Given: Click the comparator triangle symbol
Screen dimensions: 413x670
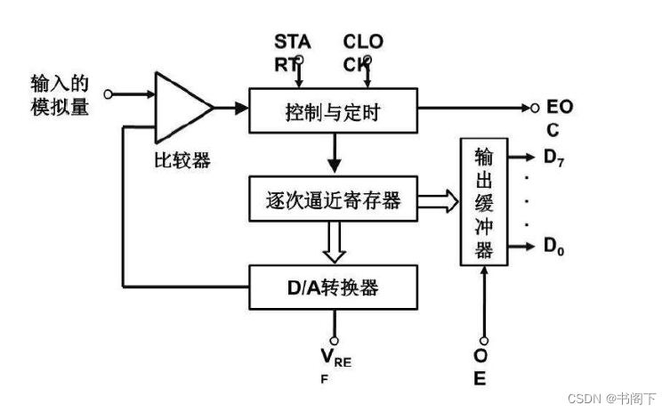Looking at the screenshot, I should tap(182, 107).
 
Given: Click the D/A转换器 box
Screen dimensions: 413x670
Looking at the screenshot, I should tap(334, 287).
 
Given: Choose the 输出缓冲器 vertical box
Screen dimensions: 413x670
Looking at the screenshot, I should tap(483, 201).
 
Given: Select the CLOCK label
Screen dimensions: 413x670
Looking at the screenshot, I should tap(363, 51).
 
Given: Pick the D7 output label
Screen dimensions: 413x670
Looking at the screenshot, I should tap(555, 160).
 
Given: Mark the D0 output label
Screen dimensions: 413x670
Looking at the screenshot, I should tap(555, 246).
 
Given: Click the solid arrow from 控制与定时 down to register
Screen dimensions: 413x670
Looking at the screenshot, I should tap(334, 155).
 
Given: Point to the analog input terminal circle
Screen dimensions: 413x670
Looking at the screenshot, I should tap(109, 93).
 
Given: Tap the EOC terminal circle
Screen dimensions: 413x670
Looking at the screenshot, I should tap(535, 108).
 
